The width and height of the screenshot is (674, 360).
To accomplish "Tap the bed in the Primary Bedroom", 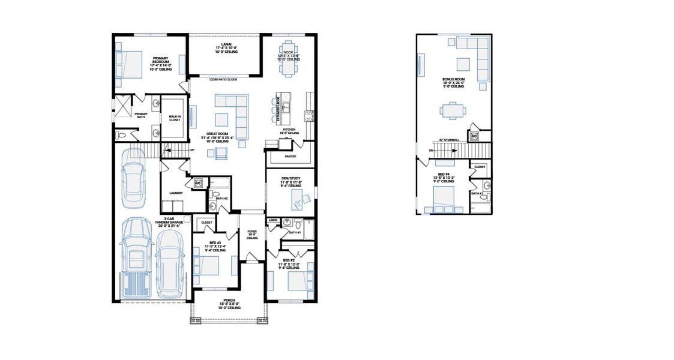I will tap(129, 64).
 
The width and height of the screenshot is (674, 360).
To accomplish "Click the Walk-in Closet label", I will tap(174, 118).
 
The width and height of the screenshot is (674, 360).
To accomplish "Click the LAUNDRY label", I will tap(175, 193).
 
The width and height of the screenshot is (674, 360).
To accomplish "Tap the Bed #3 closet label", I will tap(207, 222).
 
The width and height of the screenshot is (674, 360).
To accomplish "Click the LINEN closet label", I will tap(272, 220).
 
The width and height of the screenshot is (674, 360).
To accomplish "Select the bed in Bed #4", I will tap(445, 197).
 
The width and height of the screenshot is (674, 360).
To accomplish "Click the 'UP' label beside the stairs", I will tap(192, 149).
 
